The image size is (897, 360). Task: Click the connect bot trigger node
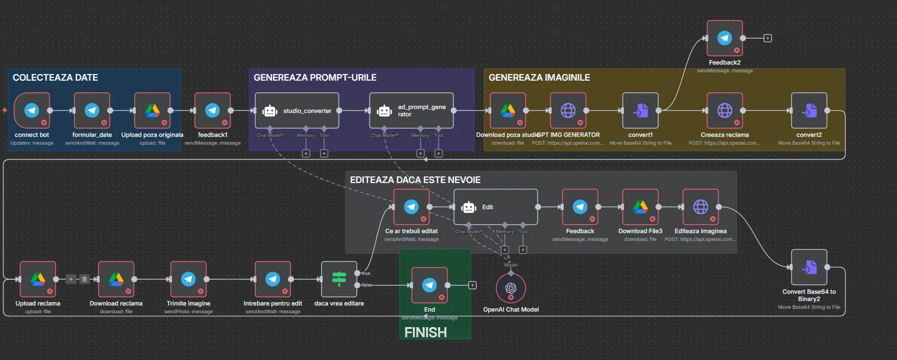point(32,111)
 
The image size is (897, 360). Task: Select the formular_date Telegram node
point(92,111)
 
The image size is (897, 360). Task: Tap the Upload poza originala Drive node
point(152,111)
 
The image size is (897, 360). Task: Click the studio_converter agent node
point(297,111)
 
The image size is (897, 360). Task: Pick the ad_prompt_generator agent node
point(411,111)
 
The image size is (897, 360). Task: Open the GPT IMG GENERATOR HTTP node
point(568,111)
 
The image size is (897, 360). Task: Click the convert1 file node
point(640,111)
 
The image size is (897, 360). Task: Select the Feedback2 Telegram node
point(724,38)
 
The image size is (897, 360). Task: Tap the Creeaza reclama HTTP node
point(724,111)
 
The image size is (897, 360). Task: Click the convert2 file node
point(809,111)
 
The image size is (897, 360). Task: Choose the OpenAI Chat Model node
point(511,288)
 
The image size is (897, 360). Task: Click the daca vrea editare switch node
point(339,279)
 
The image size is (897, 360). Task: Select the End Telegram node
point(430,285)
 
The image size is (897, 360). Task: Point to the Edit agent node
point(496,207)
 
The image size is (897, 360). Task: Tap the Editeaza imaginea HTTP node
point(701,207)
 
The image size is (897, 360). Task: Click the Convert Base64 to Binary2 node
point(809,268)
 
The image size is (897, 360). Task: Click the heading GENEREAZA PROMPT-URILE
point(315,78)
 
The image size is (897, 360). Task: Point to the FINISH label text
point(426,333)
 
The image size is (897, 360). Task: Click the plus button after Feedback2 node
point(768,38)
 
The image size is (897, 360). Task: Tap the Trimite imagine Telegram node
point(189,279)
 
